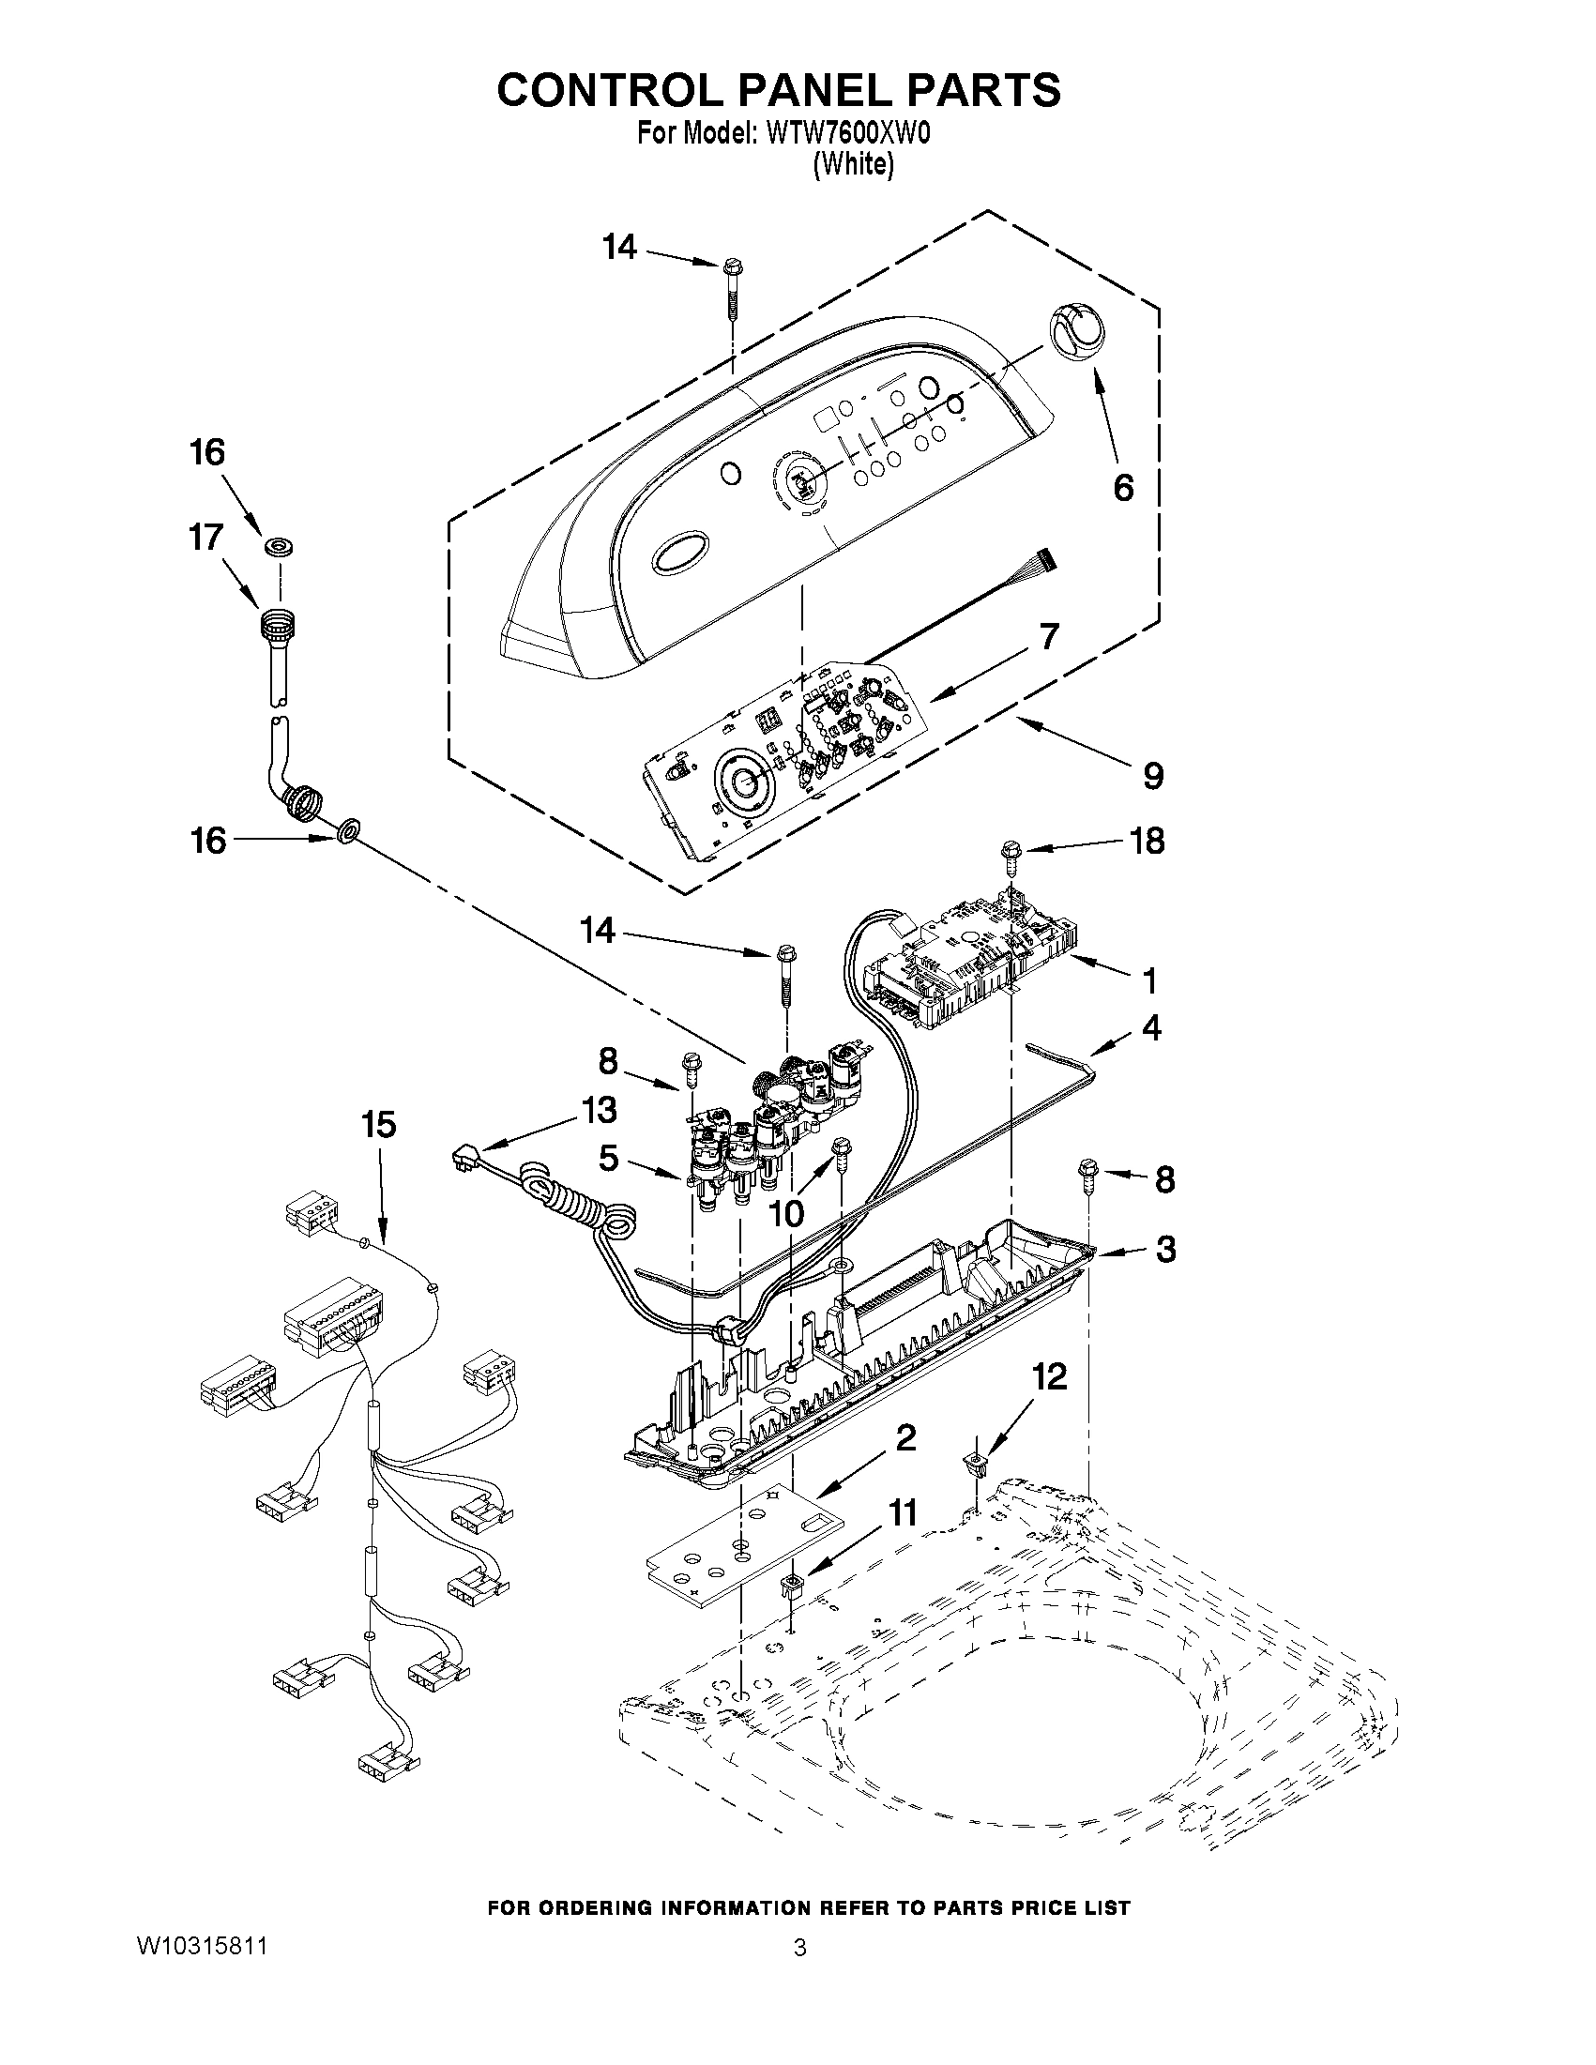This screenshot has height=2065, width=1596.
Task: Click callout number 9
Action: point(1152,777)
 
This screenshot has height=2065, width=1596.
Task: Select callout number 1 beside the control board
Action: point(1148,981)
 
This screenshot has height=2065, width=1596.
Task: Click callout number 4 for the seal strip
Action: point(1150,1027)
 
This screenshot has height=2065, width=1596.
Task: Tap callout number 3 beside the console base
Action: point(1165,1249)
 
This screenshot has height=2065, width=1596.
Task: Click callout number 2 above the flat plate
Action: point(904,1438)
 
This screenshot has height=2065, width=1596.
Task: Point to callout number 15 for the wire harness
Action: point(378,1125)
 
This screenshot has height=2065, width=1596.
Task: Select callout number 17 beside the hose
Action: point(205,537)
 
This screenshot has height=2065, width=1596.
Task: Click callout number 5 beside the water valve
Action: point(608,1158)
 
